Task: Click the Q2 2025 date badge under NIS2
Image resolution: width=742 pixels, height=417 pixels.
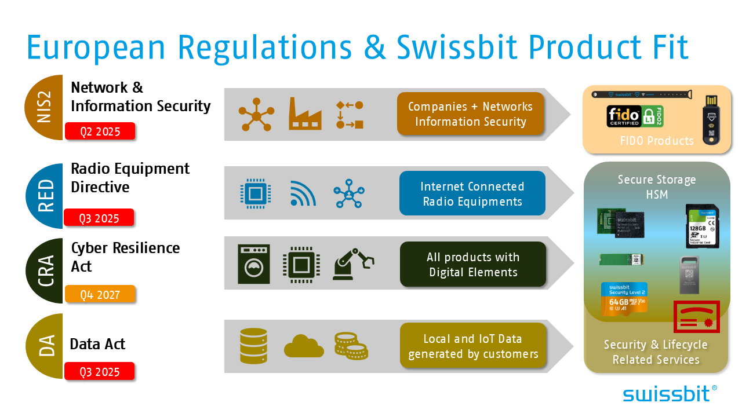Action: (x=100, y=131)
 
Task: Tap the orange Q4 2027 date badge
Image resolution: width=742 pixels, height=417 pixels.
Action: (x=100, y=295)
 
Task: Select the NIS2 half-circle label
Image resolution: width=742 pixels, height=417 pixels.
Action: (x=45, y=108)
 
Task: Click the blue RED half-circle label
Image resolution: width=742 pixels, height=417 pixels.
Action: (x=45, y=196)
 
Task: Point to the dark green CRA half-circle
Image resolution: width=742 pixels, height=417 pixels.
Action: (x=45, y=270)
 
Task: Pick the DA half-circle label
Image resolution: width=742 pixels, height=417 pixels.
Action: (x=45, y=346)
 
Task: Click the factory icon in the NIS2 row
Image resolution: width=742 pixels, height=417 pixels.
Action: (x=305, y=114)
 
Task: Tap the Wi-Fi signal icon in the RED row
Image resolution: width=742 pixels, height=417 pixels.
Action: (x=303, y=193)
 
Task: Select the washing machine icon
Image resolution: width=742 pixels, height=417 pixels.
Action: (x=254, y=264)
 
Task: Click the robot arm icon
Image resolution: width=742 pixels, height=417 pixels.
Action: (x=353, y=265)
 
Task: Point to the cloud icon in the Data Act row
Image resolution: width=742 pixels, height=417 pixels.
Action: (x=304, y=346)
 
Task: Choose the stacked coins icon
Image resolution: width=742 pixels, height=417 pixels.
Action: (x=351, y=346)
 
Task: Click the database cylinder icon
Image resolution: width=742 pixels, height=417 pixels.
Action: (x=253, y=346)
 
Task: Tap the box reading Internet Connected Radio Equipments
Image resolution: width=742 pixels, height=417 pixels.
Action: (x=472, y=193)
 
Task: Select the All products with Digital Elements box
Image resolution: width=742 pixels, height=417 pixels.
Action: (x=473, y=265)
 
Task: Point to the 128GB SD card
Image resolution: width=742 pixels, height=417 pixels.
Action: (x=702, y=226)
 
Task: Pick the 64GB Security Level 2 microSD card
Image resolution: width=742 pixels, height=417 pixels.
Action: (x=624, y=298)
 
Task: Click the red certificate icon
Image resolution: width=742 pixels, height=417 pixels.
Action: (x=696, y=317)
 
